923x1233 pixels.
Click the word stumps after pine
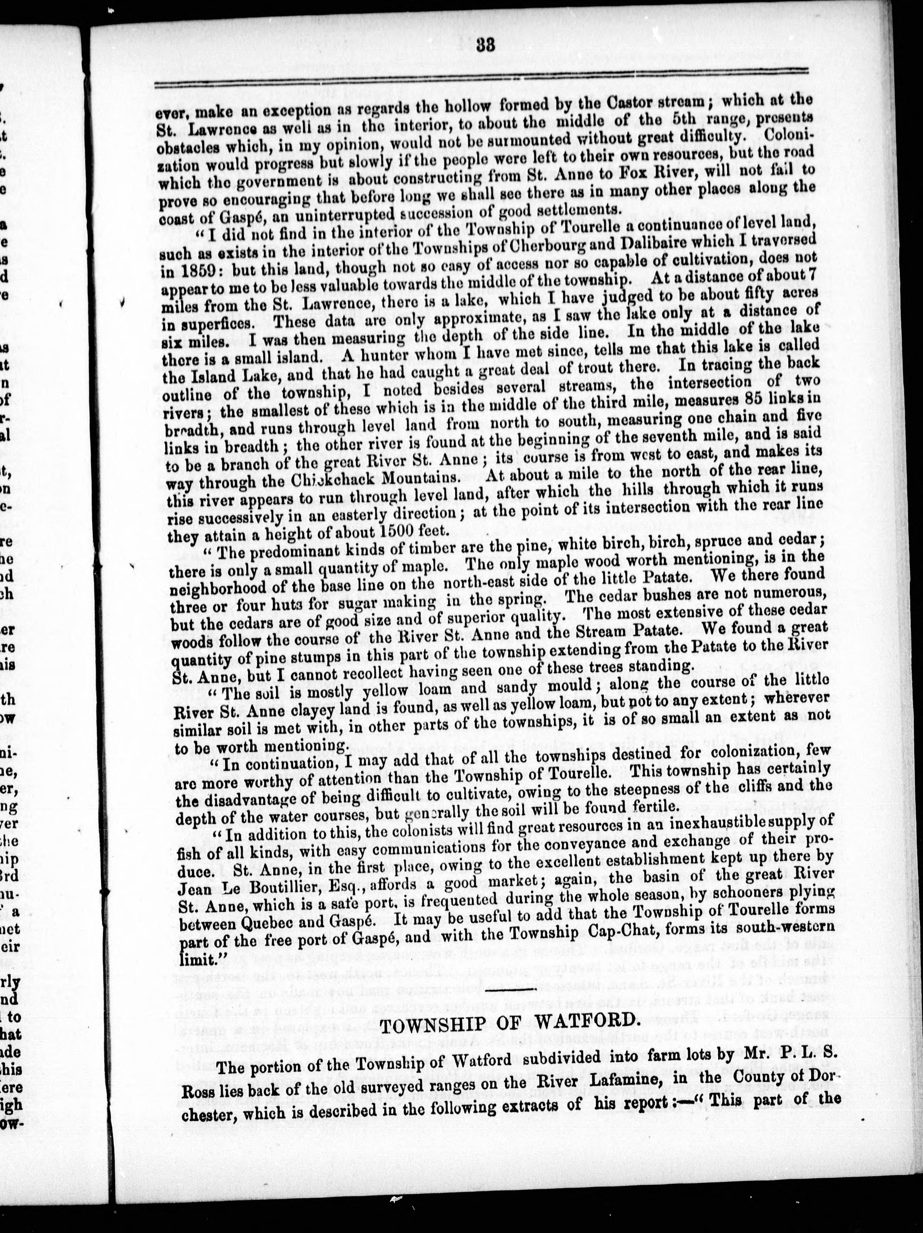tap(301, 649)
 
